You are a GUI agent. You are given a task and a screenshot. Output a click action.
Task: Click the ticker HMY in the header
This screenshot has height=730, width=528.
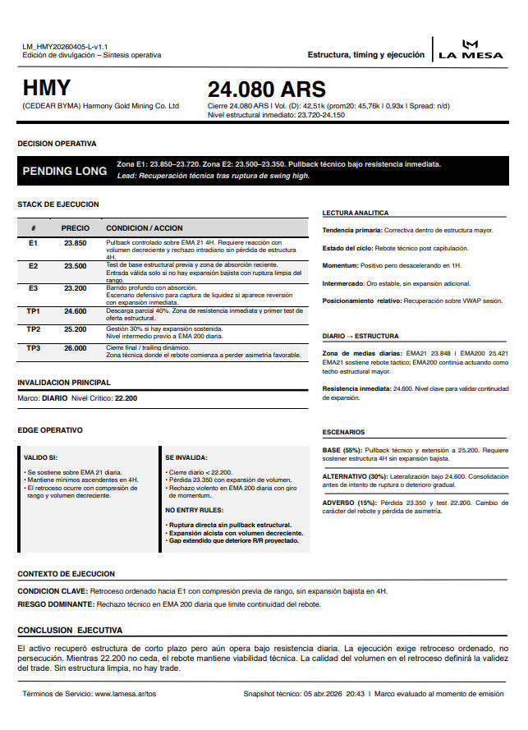[x=47, y=88]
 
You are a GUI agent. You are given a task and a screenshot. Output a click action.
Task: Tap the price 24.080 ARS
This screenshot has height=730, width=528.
[x=266, y=90]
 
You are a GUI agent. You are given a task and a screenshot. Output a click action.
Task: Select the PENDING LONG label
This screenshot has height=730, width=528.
[x=64, y=171]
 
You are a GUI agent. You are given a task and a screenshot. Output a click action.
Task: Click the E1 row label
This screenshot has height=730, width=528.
[x=33, y=244]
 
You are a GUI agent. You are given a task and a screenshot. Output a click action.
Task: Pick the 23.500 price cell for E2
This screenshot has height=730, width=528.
[x=75, y=266]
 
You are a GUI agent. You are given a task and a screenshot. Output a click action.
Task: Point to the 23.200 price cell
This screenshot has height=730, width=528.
[x=75, y=288]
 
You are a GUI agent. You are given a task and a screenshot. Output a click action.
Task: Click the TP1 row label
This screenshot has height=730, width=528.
[x=33, y=311]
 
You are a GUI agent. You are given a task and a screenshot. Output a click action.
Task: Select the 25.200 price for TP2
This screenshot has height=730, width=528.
[x=75, y=328]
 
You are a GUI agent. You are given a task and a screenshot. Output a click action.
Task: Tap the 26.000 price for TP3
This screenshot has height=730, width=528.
[x=75, y=348]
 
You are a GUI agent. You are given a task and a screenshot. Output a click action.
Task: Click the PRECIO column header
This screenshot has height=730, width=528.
[x=75, y=227]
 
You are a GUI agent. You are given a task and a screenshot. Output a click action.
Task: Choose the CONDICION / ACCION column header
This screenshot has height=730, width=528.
[x=145, y=227]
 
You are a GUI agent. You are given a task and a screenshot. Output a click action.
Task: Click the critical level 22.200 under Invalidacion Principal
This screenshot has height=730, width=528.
[x=126, y=397]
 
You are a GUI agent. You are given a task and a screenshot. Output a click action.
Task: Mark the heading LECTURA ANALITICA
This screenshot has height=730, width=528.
[x=355, y=213]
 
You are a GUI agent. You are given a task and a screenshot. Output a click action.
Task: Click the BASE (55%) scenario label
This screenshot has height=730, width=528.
[x=342, y=450]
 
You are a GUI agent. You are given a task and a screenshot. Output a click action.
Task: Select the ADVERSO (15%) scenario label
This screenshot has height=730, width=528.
[x=349, y=503]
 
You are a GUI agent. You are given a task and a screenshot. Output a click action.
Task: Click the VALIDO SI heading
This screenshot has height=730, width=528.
[x=41, y=457]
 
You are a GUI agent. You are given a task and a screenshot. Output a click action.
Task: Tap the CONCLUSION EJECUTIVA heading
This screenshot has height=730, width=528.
[x=70, y=630]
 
